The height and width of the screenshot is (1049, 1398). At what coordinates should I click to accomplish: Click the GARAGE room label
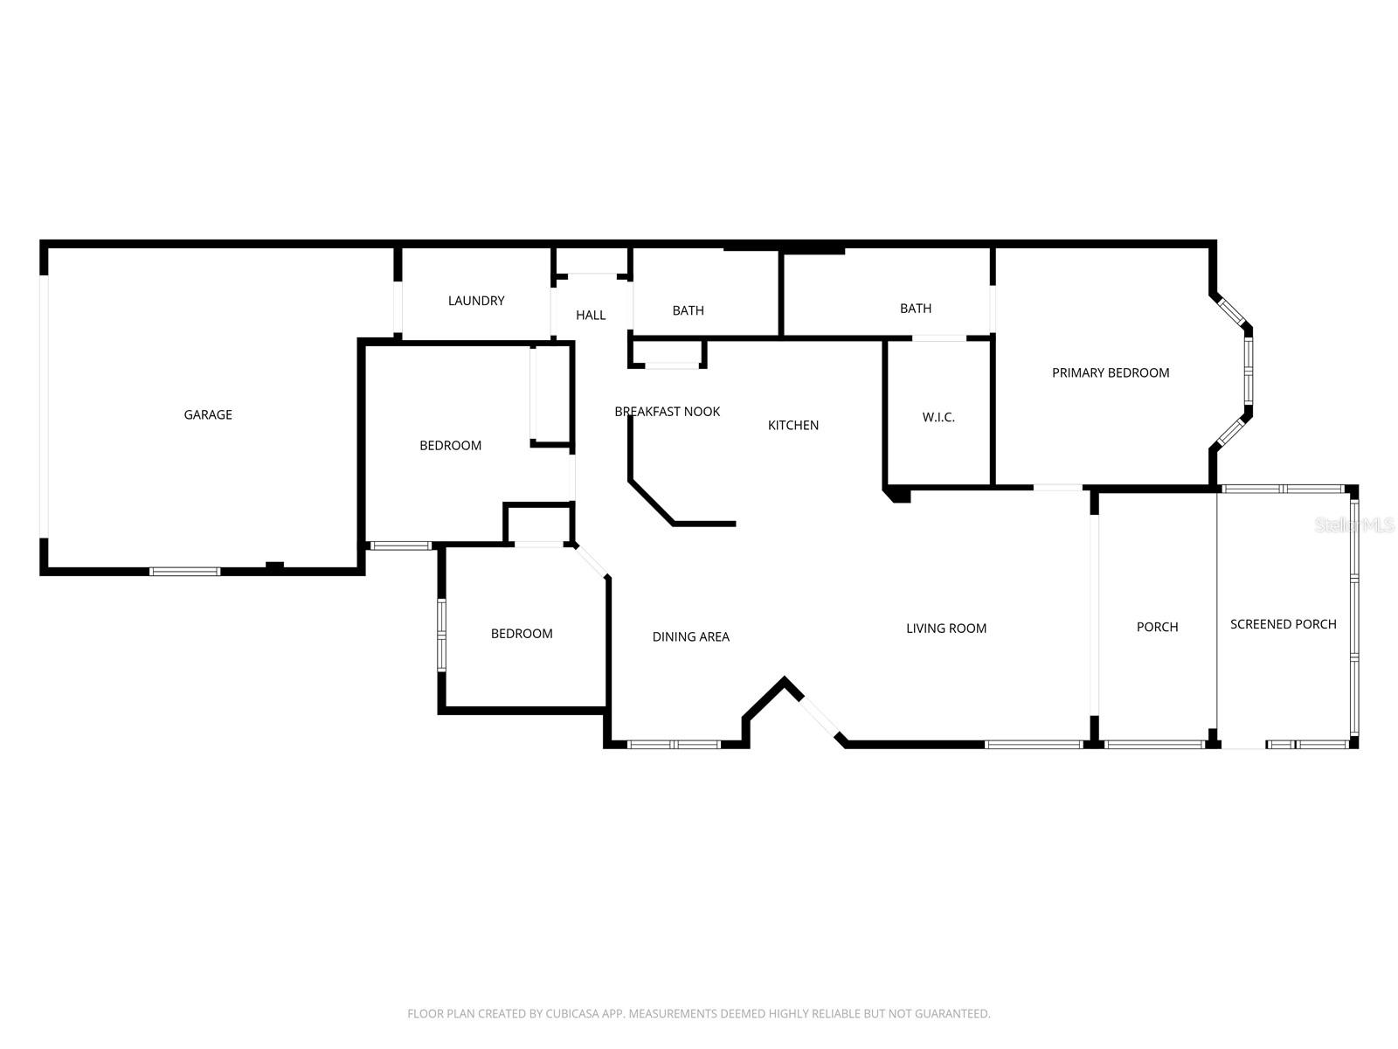[x=208, y=414]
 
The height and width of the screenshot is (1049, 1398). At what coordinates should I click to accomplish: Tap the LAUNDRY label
[x=476, y=301]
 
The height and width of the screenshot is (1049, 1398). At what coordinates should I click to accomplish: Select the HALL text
[x=591, y=315]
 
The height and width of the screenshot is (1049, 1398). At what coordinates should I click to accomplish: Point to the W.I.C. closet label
[x=938, y=417]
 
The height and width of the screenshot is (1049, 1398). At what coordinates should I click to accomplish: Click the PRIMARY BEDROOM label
[x=1110, y=372]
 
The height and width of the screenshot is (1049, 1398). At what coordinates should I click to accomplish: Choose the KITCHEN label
[x=792, y=425]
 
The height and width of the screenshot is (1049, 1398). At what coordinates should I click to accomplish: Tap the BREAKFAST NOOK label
[x=667, y=411]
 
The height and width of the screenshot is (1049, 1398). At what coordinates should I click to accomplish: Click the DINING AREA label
[x=690, y=636]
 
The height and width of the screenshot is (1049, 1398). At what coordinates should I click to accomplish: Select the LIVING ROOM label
[x=945, y=628]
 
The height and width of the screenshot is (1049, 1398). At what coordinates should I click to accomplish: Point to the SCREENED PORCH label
[x=1283, y=623]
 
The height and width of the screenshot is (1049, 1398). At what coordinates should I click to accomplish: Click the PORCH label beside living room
[x=1157, y=627]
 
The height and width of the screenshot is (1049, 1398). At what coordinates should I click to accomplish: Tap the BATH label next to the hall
[x=688, y=310]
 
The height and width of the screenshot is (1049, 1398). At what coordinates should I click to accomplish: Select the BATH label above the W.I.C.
[x=915, y=308]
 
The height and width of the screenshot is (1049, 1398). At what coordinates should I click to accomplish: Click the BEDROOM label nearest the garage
[x=450, y=445]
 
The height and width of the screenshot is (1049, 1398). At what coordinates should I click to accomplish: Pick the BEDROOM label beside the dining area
[x=521, y=633]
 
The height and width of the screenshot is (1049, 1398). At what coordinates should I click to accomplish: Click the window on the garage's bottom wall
[x=184, y=572]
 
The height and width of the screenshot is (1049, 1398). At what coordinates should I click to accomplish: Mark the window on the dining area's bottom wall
[x=674, y=745]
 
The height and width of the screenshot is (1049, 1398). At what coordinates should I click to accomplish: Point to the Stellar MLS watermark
[x=1354, y=525]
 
